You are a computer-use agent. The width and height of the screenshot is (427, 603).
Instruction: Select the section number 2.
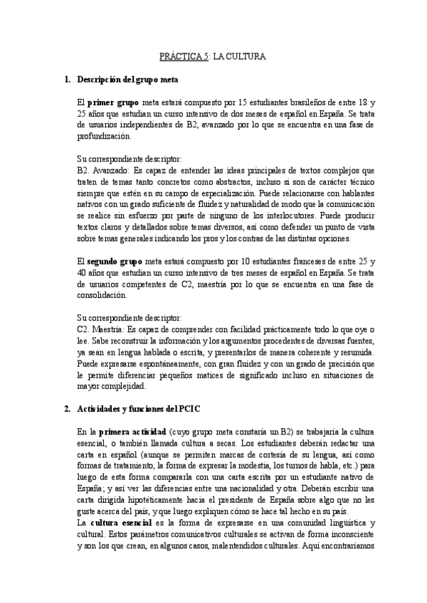point(66,410)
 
